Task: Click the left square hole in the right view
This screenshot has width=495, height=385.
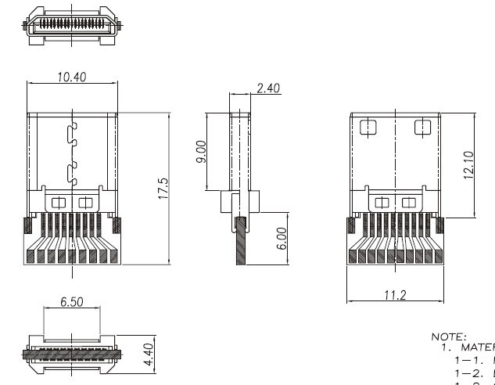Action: click(366, 127)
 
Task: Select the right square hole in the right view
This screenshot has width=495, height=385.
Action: click(421, 127)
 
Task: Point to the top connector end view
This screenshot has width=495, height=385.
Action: click(71, 24)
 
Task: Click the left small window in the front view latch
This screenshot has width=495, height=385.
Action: click(59, 202)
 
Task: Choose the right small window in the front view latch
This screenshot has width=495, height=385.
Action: click(84, 202)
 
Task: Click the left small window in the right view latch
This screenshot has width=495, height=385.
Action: click(382, 203)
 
